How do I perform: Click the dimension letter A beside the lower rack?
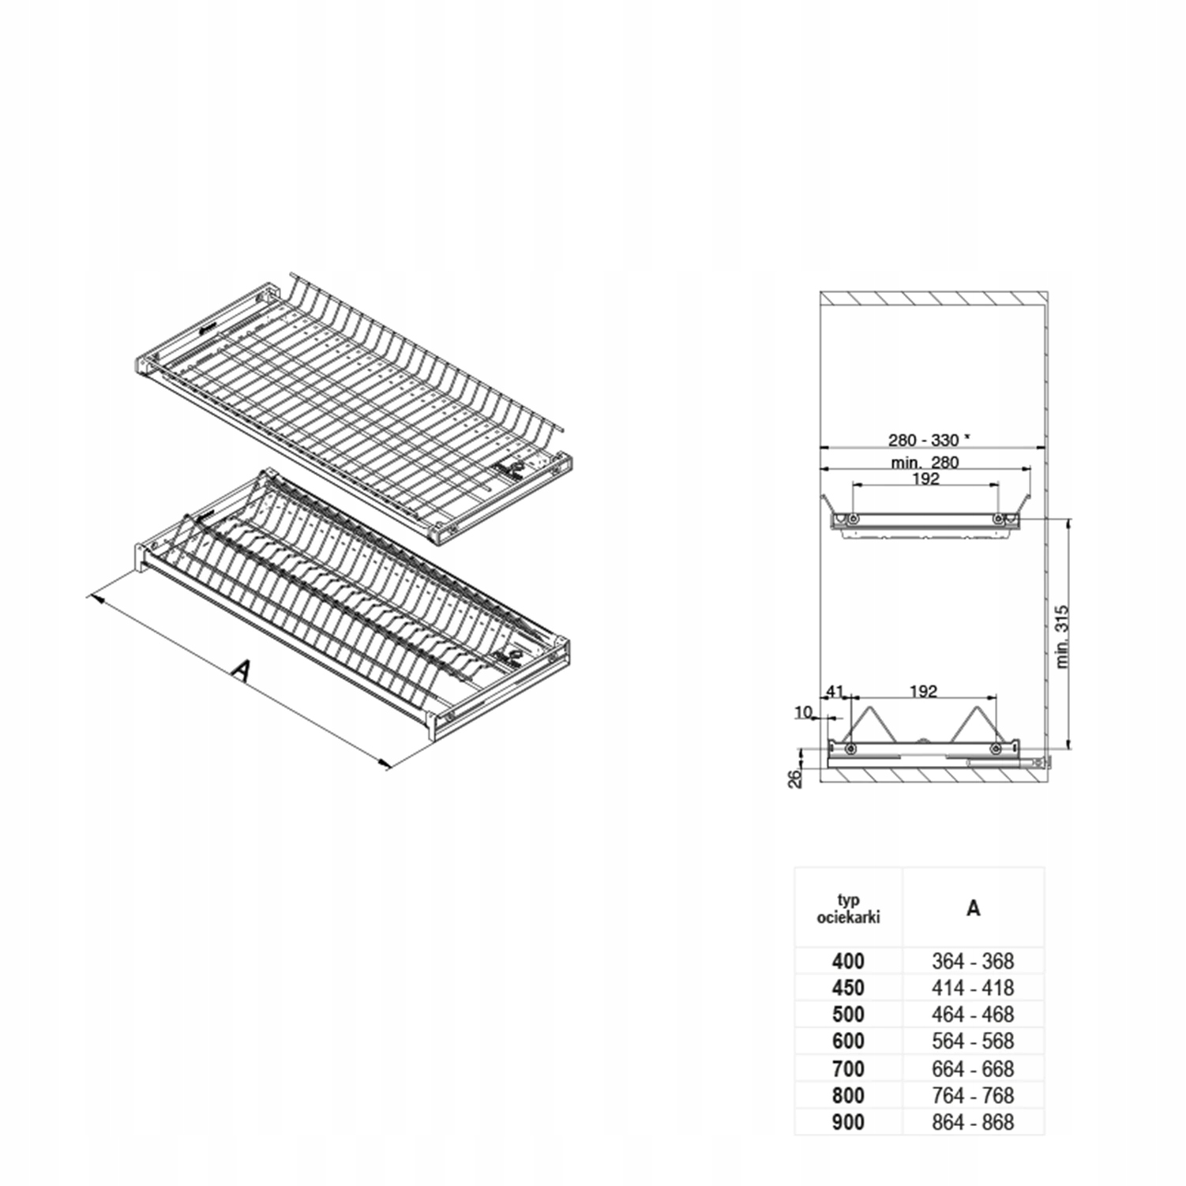click(242, 670)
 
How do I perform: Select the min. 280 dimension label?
click(925, 462)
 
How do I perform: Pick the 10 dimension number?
click(803, 712)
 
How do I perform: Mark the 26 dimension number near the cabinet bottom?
click(796, 779)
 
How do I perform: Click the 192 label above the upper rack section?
click(925, 479)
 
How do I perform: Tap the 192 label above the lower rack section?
click(923, 692)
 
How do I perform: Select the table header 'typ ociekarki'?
click(848, 909)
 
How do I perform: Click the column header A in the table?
click(973, 909)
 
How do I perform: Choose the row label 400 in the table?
click(848, 961)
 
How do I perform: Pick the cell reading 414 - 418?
click(973, 988)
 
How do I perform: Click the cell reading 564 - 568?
click(973, 1042)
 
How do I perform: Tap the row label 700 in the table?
click(848, 1069)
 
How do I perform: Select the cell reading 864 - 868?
click(973, 1122)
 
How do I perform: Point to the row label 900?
click(848, 1122)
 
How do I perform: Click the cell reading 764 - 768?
click(973, 1095)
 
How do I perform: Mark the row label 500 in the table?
click(848, 1015)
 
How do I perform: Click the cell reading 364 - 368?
click(973, 961)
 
